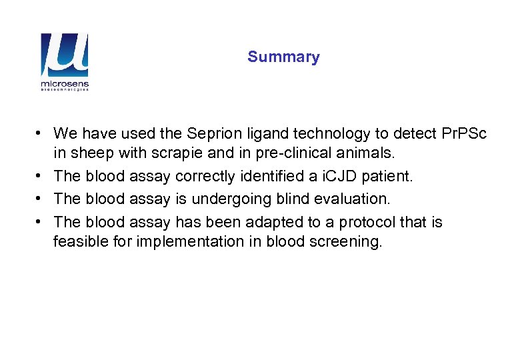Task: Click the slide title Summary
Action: [283, 57]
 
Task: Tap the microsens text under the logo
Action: [64, 85]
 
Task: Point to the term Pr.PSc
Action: [464, 134]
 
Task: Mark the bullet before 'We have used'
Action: [41, 133]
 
